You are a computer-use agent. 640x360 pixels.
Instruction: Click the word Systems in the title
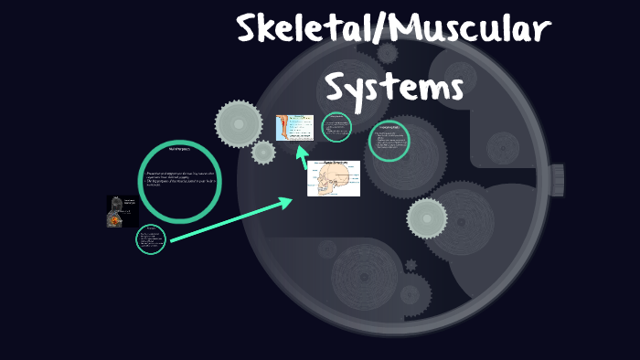point(395,89)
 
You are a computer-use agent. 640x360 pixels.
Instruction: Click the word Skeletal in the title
point(301,31)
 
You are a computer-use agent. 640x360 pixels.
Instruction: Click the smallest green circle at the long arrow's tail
point(150,240)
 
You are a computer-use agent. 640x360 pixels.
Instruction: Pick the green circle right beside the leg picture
point(337,128)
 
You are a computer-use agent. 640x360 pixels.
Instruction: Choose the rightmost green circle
point(389,143)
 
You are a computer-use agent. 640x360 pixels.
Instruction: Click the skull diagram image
point(334,178)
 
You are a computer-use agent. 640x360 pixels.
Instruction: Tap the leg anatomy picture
point(294,129)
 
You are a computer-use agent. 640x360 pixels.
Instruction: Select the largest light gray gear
point(239,122)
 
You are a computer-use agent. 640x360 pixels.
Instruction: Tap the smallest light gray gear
point(263,153)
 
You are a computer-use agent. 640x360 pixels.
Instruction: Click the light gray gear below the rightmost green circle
point(426,218)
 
